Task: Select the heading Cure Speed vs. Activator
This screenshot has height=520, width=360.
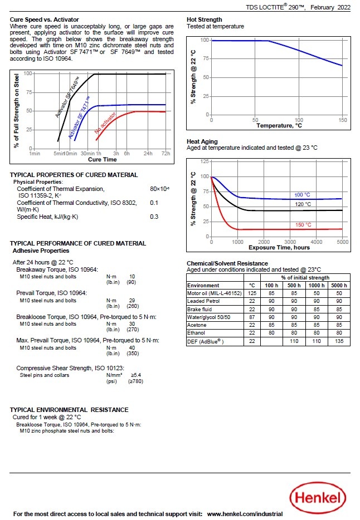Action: coord(45,19)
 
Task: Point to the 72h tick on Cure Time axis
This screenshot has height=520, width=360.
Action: coord(166,153)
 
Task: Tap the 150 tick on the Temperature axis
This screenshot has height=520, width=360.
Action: coord(343,120)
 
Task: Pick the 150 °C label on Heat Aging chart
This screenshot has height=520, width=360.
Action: coord(303,225)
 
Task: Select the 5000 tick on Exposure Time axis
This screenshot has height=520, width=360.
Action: coord(342,242)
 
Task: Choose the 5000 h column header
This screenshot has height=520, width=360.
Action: coord(338,285)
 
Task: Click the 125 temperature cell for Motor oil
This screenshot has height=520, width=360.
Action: coord(252,293)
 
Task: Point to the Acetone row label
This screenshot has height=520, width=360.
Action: coord(198,325)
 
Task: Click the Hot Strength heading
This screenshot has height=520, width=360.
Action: coord(204,19)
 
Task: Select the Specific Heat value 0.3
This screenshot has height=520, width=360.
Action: coord(154,217)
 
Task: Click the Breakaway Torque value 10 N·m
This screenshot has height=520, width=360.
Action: coord(132,276)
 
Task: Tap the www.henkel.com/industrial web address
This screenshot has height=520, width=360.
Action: coord(245,514)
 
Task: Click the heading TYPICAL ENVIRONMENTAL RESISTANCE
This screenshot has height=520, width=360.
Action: coord(69,410)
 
